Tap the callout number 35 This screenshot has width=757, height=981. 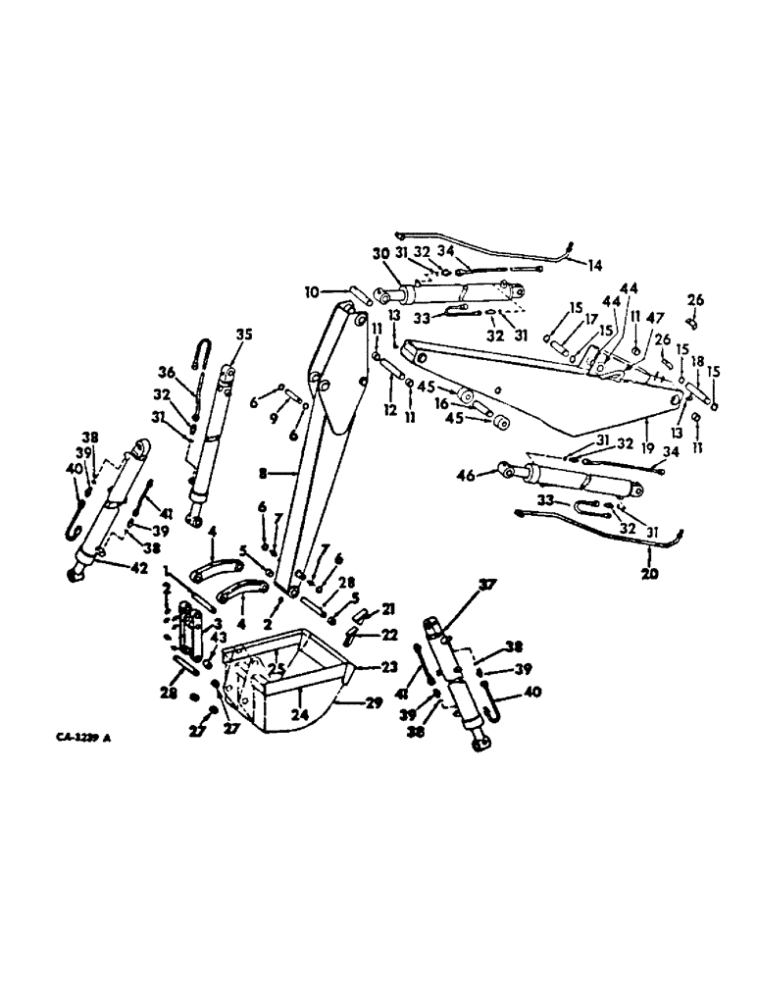pos(242,334)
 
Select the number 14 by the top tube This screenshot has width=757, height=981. pos(595,265)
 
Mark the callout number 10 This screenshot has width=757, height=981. pos(311,291)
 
